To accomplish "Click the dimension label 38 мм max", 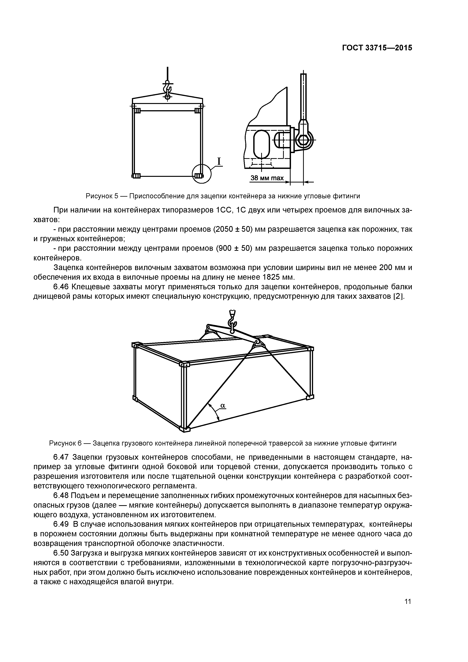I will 267,178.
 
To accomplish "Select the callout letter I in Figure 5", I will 219,162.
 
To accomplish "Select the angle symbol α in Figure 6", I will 223,405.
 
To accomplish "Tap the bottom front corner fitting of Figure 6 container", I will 185,429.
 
